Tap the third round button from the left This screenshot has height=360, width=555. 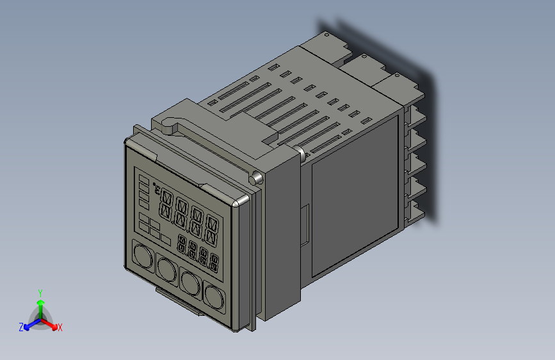pos(191,281)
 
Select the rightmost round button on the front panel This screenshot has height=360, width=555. pos(216,295)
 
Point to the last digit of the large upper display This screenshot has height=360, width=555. pos(213,233)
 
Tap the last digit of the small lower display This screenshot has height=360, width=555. pos(213,263)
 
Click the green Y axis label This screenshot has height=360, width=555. pos(40,292)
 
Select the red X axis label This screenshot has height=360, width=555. pos(60,327)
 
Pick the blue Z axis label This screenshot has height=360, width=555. pos(21,327)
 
